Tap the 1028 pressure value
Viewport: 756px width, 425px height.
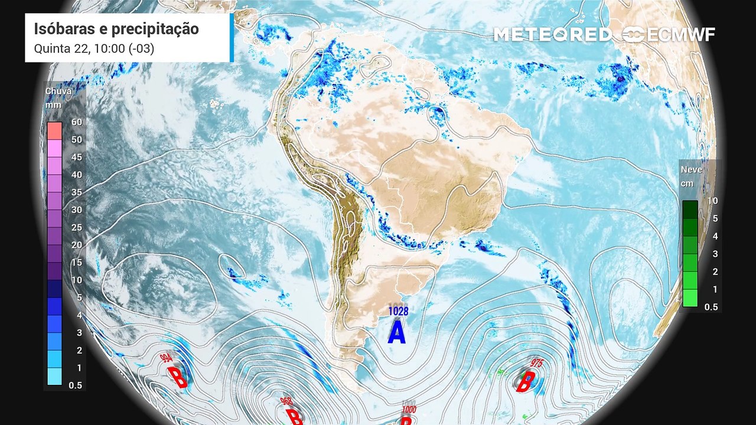[397, 310]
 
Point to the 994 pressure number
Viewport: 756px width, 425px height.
[166, 358]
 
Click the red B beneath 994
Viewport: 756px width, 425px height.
[177, 377]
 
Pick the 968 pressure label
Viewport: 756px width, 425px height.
[286, 401]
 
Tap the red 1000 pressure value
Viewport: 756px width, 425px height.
[408, 409]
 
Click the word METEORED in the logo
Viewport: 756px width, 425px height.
[552, 34]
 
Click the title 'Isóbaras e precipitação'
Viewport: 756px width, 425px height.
[116, 29]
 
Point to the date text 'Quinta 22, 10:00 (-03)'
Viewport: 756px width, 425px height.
[94, 49]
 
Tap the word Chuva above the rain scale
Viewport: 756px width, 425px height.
[58, 91]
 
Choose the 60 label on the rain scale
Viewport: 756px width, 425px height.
[76, 122]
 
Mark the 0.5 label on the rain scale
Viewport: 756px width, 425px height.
[76, 385]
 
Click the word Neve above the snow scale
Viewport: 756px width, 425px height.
[692, 169]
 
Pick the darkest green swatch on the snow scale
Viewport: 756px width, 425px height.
[690, 210]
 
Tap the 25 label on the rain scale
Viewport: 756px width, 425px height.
[76, 227]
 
